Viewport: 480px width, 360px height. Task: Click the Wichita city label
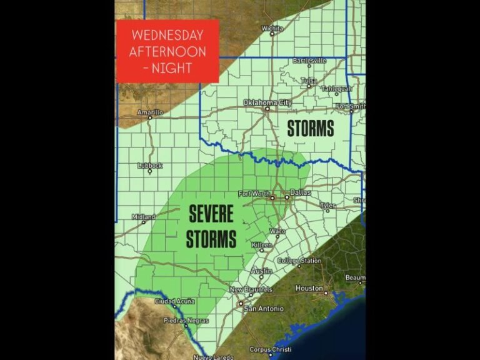(272, 28)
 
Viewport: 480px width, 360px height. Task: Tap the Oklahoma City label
(267, 102)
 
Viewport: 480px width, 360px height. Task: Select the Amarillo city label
(150, 112)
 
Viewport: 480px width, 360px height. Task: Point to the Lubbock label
(150, 166)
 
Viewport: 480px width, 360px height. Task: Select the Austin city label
(261, 271)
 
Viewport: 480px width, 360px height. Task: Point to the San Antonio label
(263, 309)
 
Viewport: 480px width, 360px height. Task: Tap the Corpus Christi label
(271, 349)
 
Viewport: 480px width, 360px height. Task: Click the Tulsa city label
(309, 81)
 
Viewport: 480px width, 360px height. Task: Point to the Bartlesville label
(309, 61)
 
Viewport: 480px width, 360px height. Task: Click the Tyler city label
(327, 205)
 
